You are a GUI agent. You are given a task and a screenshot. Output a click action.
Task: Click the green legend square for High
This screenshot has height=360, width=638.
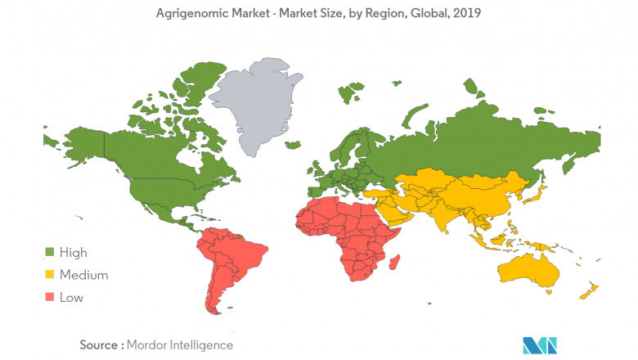click(49, 253)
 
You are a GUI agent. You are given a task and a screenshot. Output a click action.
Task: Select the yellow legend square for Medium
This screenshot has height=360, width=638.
click(49, 275)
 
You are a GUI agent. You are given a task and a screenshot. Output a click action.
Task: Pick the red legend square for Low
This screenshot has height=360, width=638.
click(49, 297)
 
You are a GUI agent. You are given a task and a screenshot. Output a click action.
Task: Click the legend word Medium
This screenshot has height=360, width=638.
click(83, 275)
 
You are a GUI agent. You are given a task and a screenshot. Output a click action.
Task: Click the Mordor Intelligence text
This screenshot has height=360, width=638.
click(181, 344)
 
